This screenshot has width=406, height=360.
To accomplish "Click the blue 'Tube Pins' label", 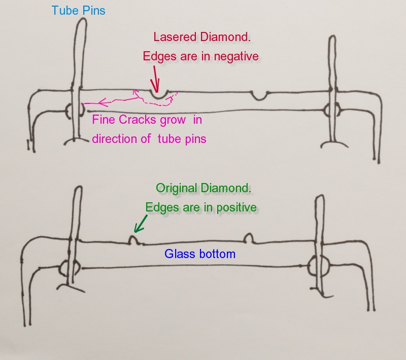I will click(x=78, y=10).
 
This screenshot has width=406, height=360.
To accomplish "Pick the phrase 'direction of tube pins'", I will click(x=149, y=138).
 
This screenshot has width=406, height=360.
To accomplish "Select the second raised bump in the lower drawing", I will click(x=249, y=238).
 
